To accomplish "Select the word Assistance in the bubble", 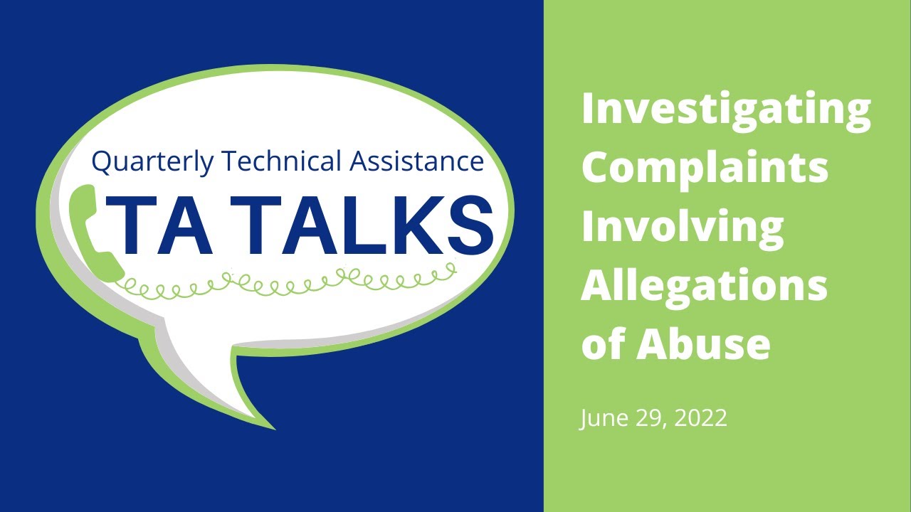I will pos(416,161).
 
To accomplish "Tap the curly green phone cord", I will pos(285,282).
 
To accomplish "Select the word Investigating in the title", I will pos(726,110).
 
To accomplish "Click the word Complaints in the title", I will pos(705,169).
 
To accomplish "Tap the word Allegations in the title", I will pos(704,286).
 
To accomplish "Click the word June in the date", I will pos(601,418).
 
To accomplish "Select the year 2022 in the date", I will pos(700,418).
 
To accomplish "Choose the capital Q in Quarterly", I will pos(102,162).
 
